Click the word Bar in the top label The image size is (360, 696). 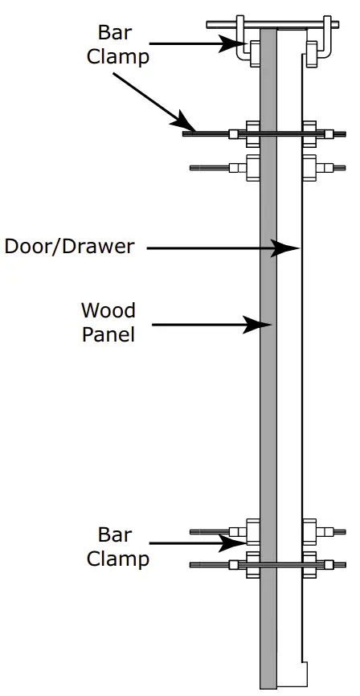(116, 33)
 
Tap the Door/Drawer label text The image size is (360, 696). (69, 246)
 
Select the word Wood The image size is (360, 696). (108, 310)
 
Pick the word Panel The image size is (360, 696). (108, 333)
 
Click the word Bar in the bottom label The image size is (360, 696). (115, 534)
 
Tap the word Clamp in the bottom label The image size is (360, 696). (118, 558)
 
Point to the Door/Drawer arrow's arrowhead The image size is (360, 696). (288, 248)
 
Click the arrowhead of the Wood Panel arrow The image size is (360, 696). (262, 325)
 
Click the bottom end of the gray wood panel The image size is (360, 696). (268, 685)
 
